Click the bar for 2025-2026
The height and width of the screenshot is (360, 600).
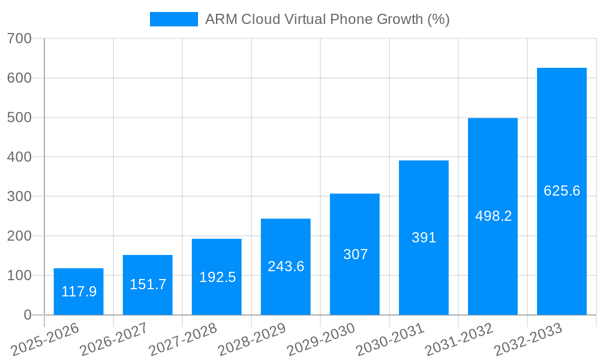tap(79, 292)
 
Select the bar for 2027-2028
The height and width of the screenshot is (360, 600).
tap(217, 277)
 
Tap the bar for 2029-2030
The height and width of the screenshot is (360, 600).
tap(355, 254)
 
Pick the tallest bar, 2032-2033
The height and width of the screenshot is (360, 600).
tap(562, 191)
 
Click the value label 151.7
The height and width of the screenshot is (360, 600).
tap(148, 284)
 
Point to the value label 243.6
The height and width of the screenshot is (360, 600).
tap(286, 266)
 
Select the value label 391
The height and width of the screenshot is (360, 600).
tap(424, 238)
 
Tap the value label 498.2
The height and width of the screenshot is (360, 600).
tap(493, 216)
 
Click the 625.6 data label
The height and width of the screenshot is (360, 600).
tap(562, 191)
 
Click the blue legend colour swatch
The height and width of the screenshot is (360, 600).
tap(174, 19)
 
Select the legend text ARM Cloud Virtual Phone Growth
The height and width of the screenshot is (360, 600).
tap(327, 19)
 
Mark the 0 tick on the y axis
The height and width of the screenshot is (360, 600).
tap(28, 315)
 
